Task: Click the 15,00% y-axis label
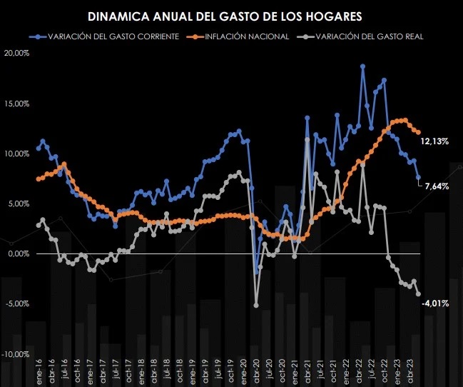(16, 104)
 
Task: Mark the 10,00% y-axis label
(16, 154)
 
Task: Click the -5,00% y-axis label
(17, 303)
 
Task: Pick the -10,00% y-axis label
(16, 354)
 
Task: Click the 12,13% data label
(434, 141)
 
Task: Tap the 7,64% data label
(437, 186)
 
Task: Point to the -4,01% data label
(434, 303)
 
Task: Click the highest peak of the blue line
(363, 66)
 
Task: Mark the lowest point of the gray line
(256, 305)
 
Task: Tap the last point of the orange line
(418, 132)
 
